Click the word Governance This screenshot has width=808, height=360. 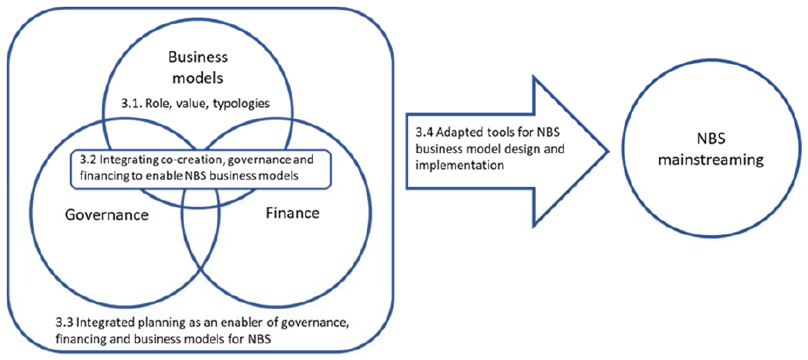coord(107,215)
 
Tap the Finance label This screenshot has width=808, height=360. coord(293,213)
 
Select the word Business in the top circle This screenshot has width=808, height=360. coord(198,57)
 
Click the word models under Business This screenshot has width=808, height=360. coord(198,78)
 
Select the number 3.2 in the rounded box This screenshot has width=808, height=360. coord(88,160)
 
